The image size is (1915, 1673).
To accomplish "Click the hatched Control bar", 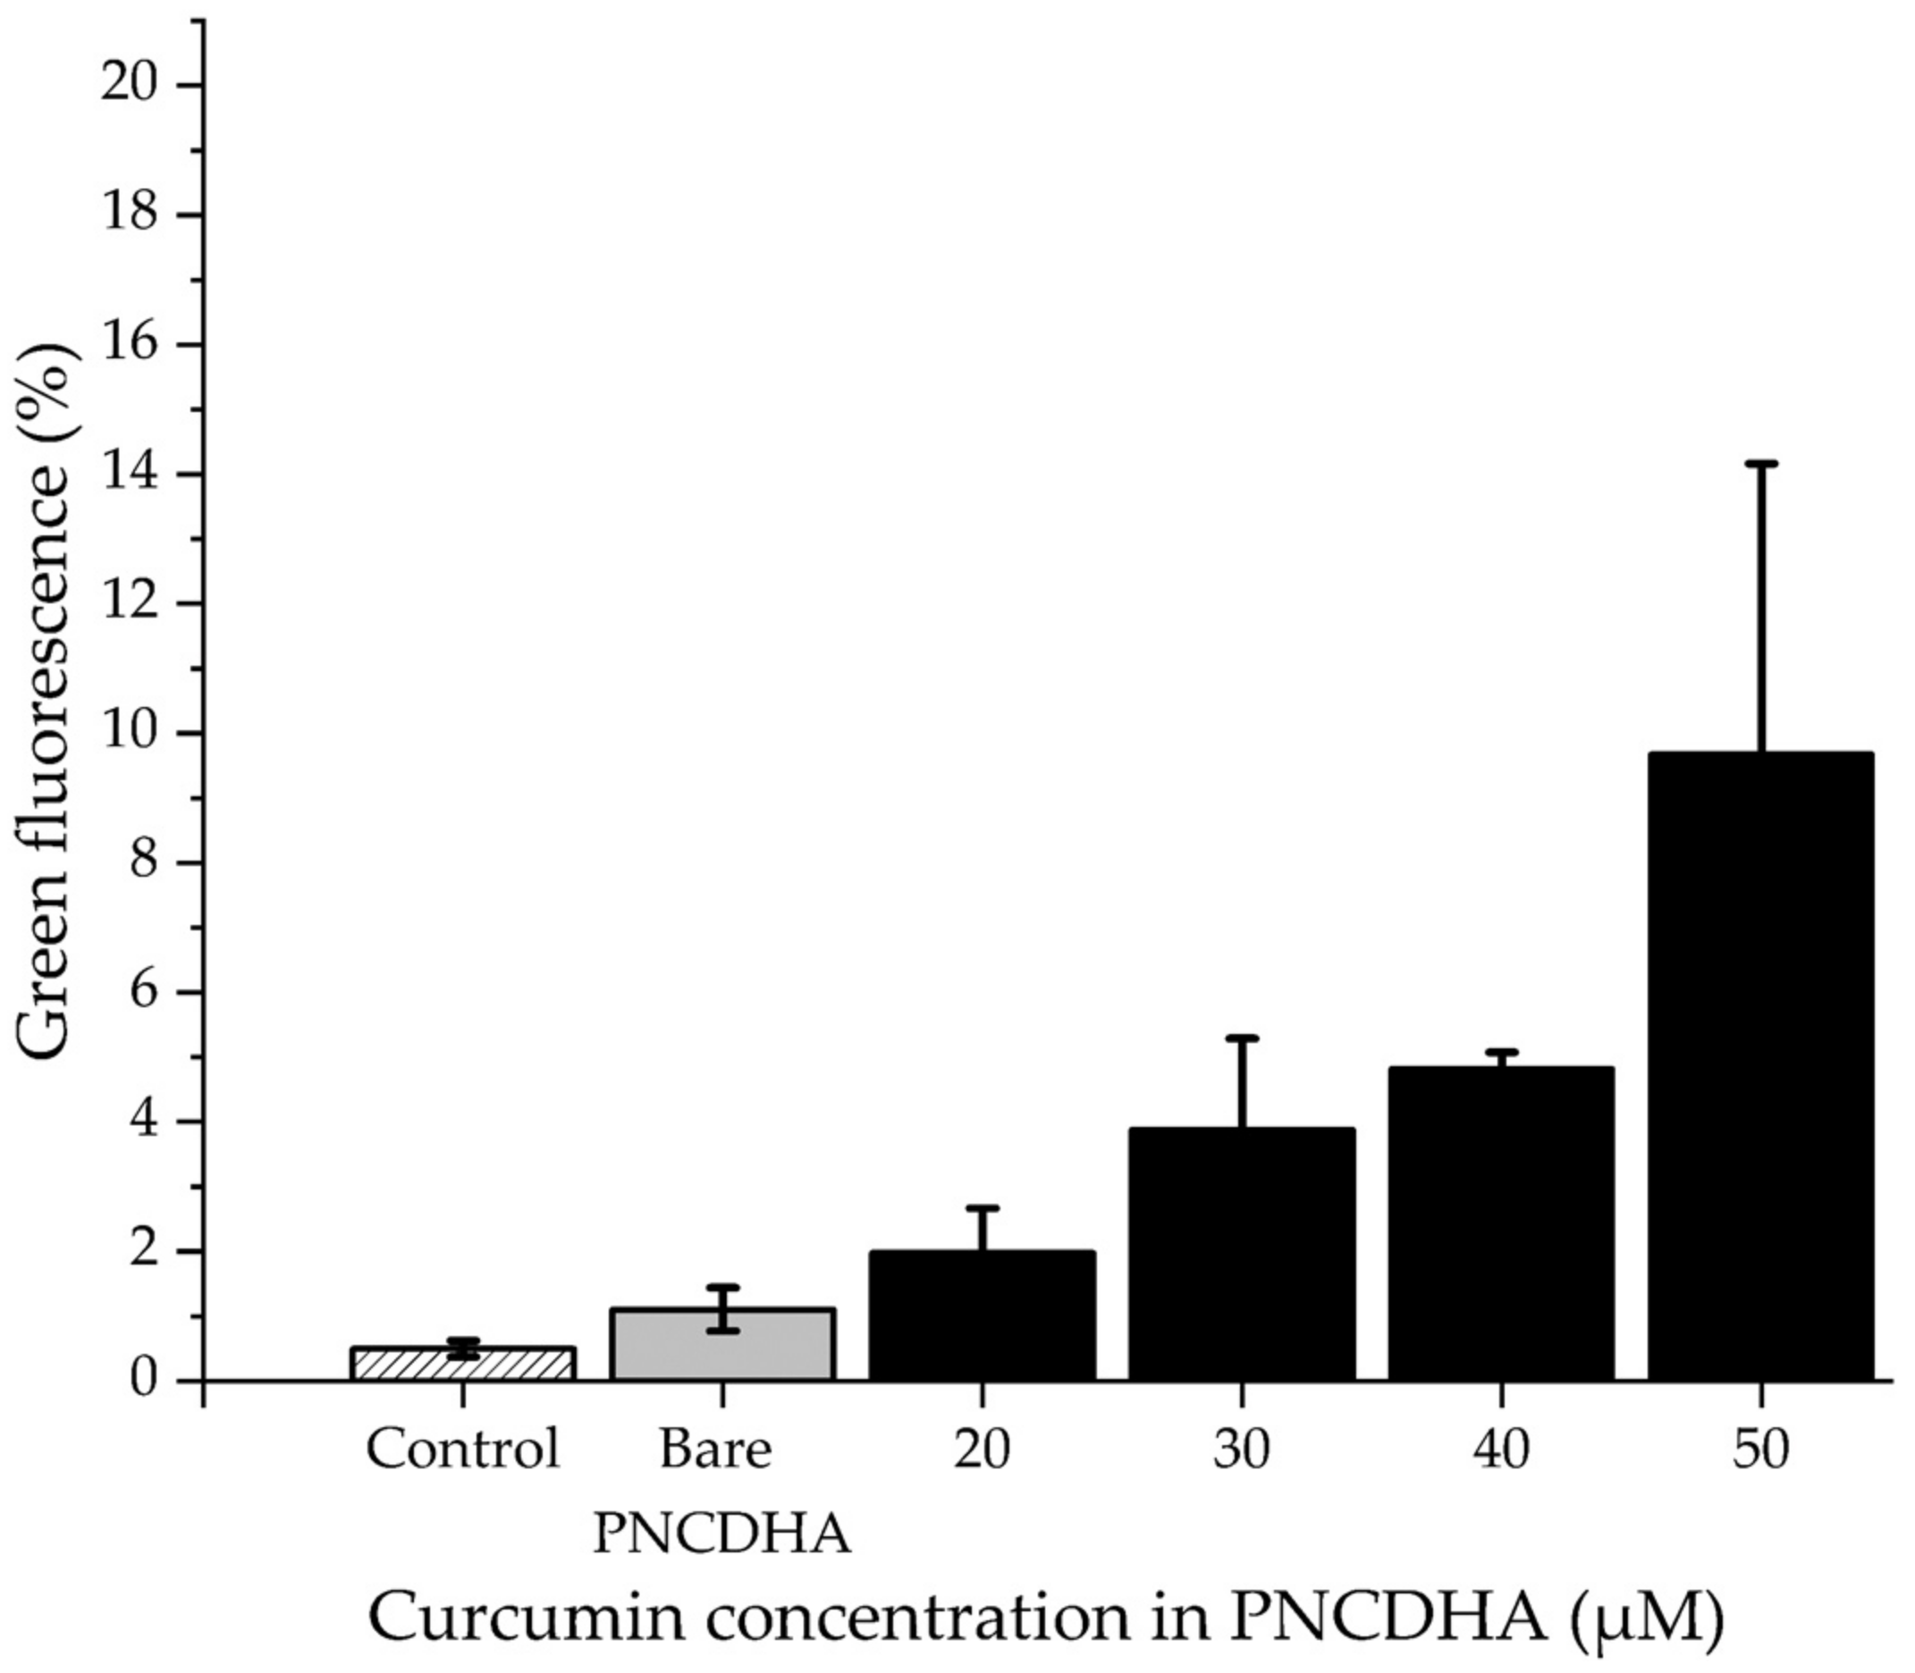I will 463,1364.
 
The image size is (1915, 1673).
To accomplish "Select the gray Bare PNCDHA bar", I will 722,1345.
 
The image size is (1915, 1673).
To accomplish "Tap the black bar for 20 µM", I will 983,1316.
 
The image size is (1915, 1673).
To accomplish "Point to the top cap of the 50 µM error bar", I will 1761,463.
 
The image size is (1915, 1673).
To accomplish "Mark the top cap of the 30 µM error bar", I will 1242,1038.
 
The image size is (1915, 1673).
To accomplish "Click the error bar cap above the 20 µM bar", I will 983,1208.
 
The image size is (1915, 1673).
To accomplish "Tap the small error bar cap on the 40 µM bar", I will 1501,1052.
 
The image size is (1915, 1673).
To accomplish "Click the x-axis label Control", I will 463,1450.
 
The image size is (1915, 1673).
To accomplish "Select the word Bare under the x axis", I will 716,1450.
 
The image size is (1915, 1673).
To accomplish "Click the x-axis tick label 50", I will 1761,1450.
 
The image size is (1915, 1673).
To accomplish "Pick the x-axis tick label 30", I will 1242,1450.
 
